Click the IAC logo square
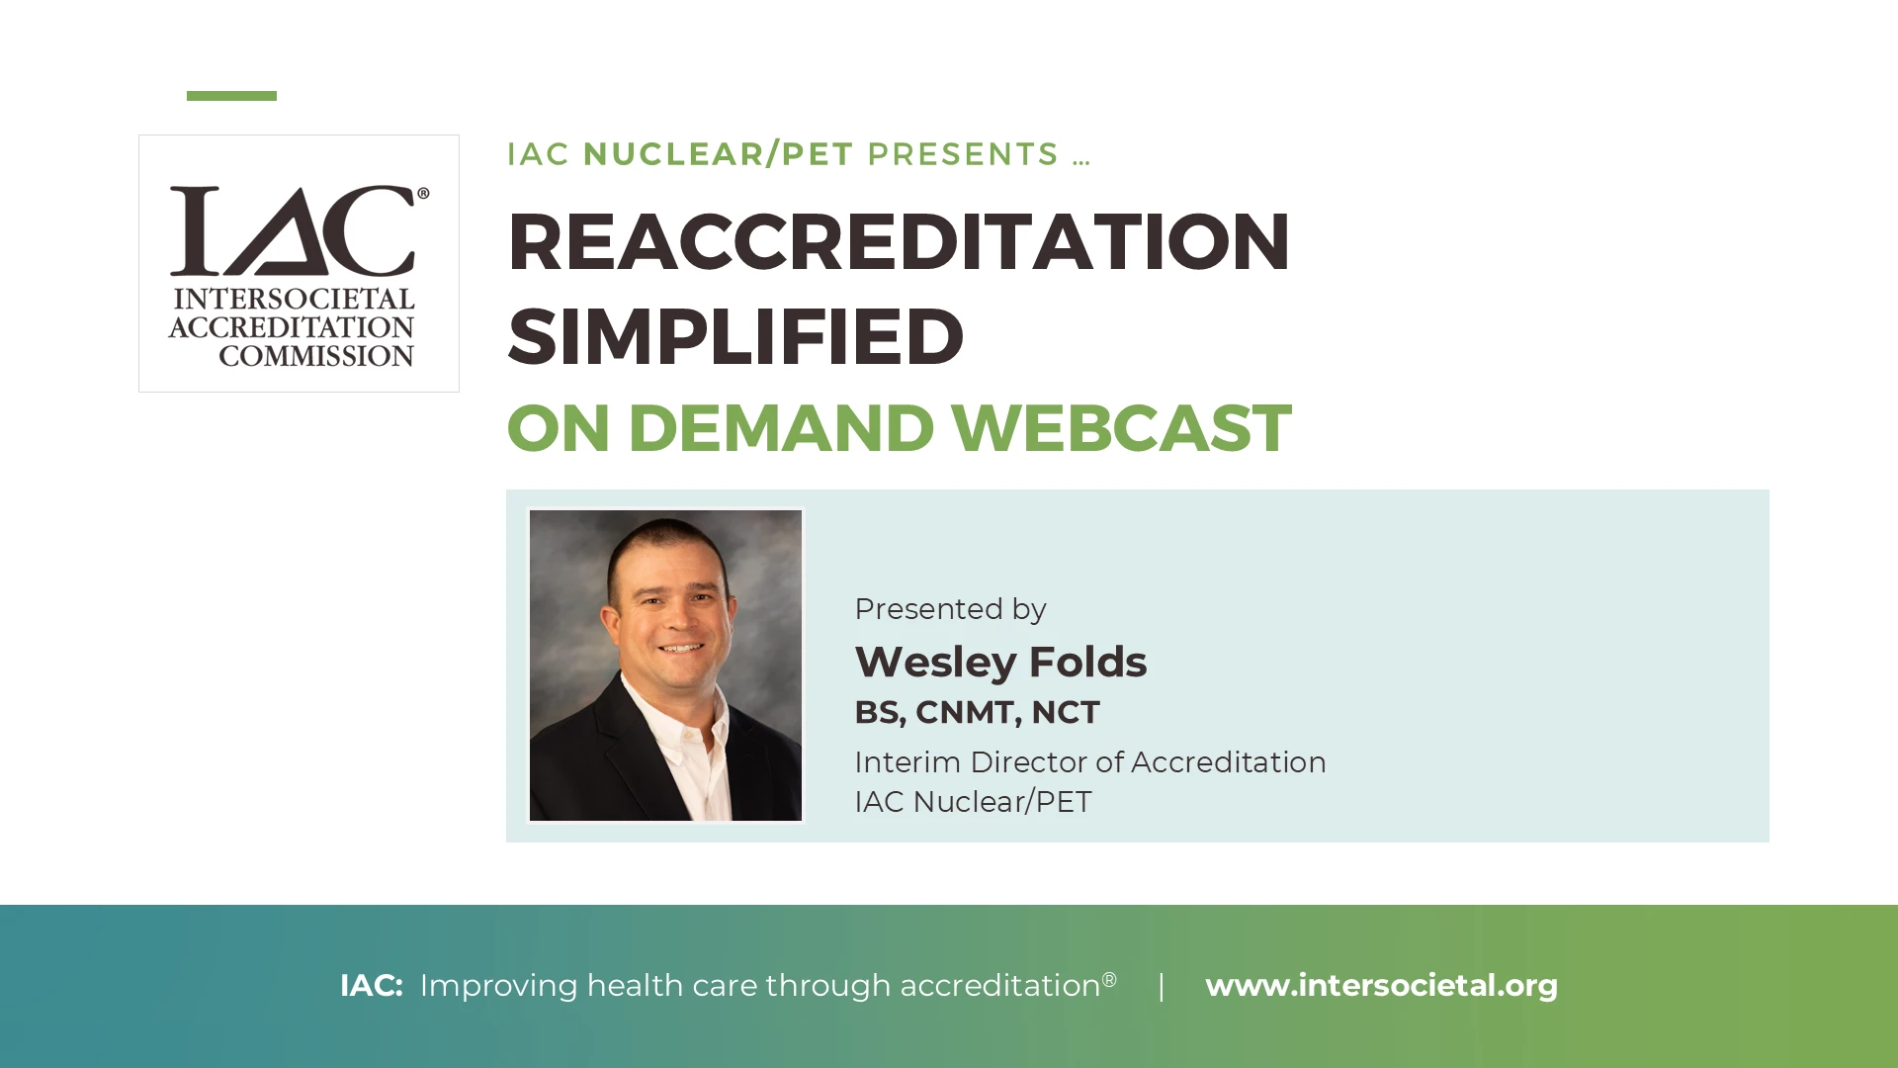click(299, 263)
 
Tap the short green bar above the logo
click(231, 96)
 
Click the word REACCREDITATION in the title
click(899, 241)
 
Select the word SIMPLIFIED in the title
click(735, 336)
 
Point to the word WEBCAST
click(1121, 428)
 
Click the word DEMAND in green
click(781, 428)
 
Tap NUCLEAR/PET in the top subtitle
click(718, 154)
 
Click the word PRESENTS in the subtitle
click(963, 154)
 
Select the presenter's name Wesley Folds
click(1000, 663)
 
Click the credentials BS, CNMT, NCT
click(977, 712)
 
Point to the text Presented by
click(950, 609)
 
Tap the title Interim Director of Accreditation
click(1090, 762)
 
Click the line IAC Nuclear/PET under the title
click(973, 802)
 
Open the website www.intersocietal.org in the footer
click(1381, 985)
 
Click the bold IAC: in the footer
click(371, 985)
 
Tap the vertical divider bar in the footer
click(1162, 986)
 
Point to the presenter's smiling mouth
click(682, 649)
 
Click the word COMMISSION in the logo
click(316, 356)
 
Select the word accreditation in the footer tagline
click(999, 986)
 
